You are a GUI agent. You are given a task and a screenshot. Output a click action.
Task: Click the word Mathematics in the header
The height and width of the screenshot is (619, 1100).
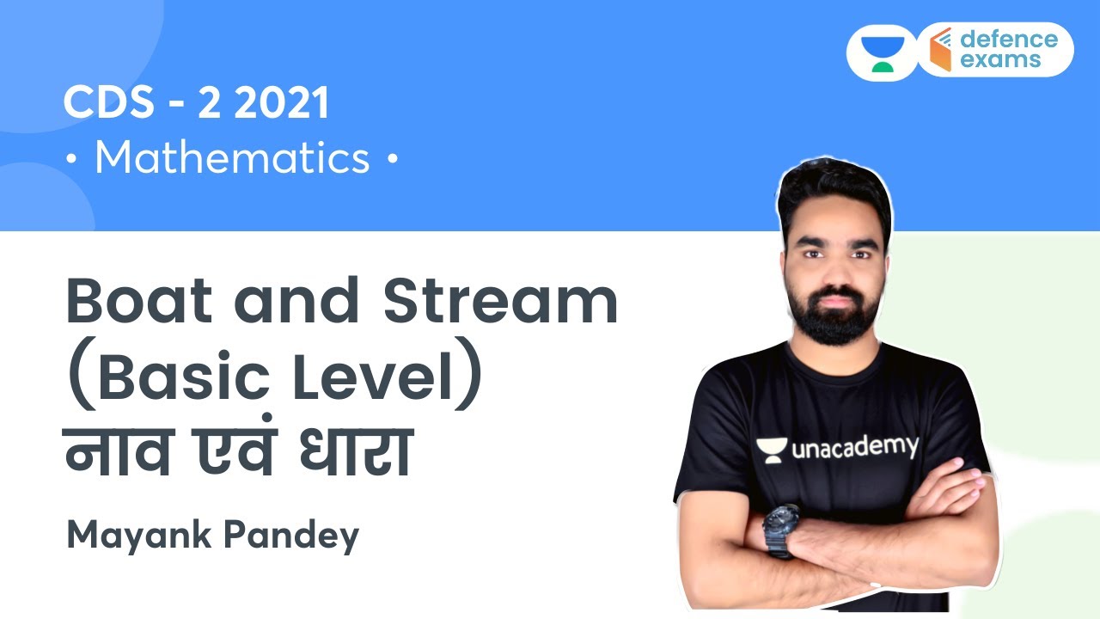tap(232, 159)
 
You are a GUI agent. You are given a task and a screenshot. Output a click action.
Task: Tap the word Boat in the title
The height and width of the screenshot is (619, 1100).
tap(137, 301)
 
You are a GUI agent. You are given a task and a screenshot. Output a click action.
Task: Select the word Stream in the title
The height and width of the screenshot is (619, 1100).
tap(501, 301)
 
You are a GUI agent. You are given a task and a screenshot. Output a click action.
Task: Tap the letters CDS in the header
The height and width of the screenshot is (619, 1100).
tap(104, 104)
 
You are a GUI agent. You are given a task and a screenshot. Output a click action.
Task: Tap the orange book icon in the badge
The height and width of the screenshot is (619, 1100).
tap(940, 50)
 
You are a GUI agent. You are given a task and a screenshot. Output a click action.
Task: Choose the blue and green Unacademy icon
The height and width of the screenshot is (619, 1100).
tap(877, 52)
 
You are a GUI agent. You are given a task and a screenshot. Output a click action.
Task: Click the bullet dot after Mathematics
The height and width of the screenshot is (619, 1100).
tap(393, 160)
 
